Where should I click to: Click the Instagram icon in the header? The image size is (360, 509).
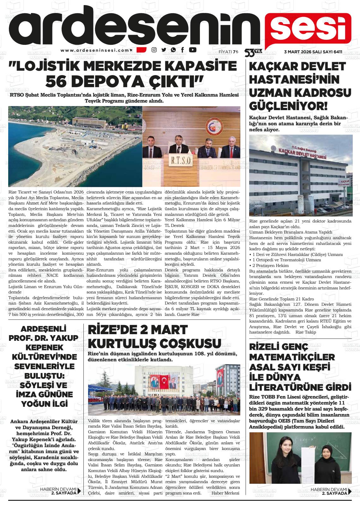pyautogui.click(x=154, y=50)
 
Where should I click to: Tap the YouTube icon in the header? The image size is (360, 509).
pyautogui.click(x=192, y=50)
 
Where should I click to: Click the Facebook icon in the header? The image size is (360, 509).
pyautogui.click(x=183, y=50)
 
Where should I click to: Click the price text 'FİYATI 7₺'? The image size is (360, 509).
pyautogui.click(x=229, y=52)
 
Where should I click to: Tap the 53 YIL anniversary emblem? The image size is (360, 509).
pyautogui.click(x=252, y=52)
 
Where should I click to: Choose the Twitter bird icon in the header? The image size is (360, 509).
pyautogui.click(x=164, y=50)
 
